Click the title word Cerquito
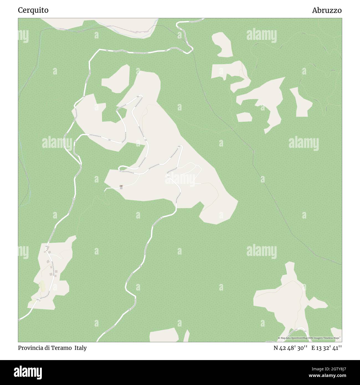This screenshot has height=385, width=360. coord(33,10)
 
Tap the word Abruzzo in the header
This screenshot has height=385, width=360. coord(327,10)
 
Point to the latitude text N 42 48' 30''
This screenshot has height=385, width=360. coord(290,348)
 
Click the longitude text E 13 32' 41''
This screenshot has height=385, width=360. coord(326,348)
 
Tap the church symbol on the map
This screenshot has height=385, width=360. coord(121,186)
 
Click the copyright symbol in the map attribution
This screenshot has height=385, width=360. coord(279,338)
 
